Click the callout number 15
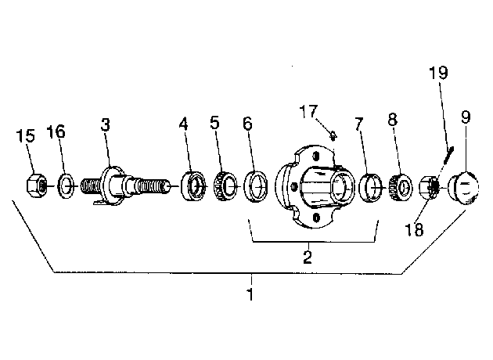coord(26,136)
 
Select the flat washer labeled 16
coord(66,185)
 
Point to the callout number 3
coord(106,124)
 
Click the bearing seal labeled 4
coord(194,186)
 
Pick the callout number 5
coord(214,123)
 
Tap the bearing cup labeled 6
coord(256,186)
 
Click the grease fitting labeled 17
coord(333,136)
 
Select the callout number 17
coord(308,111)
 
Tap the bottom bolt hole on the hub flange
coord(316,217)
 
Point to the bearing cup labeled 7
coord(371,187)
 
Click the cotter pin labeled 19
coord(448,155)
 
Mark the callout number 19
coord(438,73)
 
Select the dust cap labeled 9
coord(463,188)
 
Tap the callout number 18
coord(414,229)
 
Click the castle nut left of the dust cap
coord(430,187)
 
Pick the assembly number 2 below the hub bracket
coord(308,257)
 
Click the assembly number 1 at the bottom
coord(250,294)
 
